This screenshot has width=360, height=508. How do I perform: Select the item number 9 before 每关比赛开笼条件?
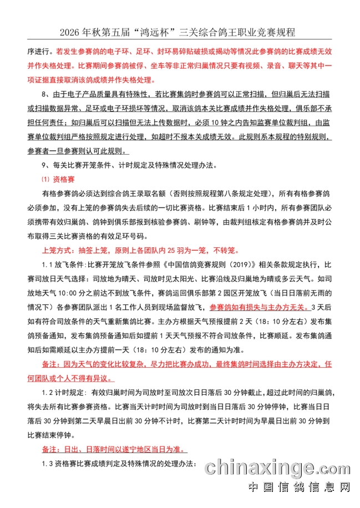coord(44,165)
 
